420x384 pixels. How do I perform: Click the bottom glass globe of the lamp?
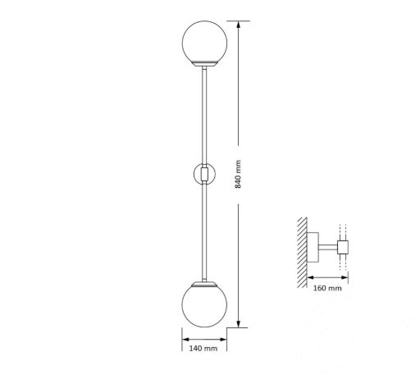click(204, 306)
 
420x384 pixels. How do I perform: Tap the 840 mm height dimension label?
click(238, 174)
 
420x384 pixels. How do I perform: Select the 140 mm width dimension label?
click(203, 348)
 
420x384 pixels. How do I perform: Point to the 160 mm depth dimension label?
click(327, 288)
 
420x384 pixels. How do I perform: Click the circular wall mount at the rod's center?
click(204, 174)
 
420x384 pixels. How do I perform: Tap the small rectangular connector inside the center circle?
click(204, 174)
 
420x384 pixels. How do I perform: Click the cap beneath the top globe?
click(204, 63)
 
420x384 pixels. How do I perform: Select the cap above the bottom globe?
click(204, 284)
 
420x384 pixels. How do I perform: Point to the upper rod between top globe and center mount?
click(204, 115)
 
